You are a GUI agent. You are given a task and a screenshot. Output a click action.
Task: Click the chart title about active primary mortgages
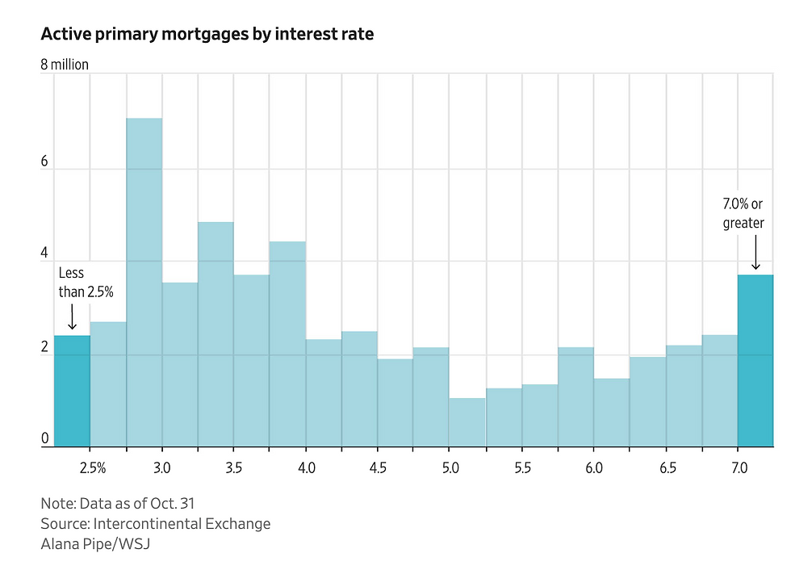pyautogui.click(x=207, y=34)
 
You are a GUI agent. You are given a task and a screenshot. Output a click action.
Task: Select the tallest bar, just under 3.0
pyautogui.click(x=144, y=282)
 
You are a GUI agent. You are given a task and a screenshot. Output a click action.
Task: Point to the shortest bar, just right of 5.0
pyautogui.click(x=467, y=421)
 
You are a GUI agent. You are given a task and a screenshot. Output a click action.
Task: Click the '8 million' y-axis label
pyautogui.click(x=65, y=65)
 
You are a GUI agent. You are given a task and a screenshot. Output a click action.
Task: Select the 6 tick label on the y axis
pyautogui.click(x=45, y=161)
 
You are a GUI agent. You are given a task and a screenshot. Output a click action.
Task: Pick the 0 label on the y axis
pyautogui.click(x=45, y=438)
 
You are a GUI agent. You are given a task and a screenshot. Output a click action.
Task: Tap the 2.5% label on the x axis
pyautogui.click(x=93, y=468)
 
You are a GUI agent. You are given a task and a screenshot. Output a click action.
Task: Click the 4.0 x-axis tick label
pyautogui.click(x=306, y=468)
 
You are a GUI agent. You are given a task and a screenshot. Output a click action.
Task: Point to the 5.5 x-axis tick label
pyautogui.click(x=522, y=468)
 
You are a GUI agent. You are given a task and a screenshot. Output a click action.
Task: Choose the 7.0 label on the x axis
pyautogui.click(x=739, y=468)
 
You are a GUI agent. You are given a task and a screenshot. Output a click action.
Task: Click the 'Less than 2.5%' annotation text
pyautogui.click(x=86, y=283)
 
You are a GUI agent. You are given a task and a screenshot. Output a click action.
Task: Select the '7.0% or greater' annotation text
pyautogui.click(x=743, y=213)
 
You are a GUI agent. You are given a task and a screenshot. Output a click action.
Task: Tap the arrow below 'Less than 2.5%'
pyautogui.click(x=72, y=316)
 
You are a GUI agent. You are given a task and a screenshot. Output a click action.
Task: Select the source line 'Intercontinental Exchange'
pyautogui.click(x=155, y=523)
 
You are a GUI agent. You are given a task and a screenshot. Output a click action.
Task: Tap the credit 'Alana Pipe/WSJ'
pyautogui.click(x=95, y=544)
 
